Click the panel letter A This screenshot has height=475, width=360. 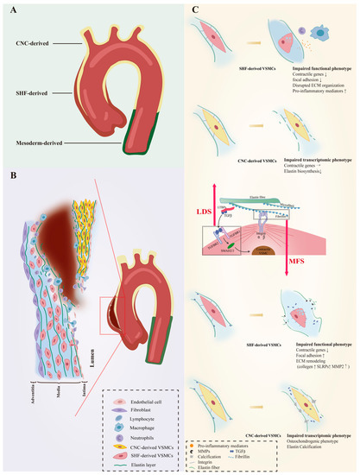11,11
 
